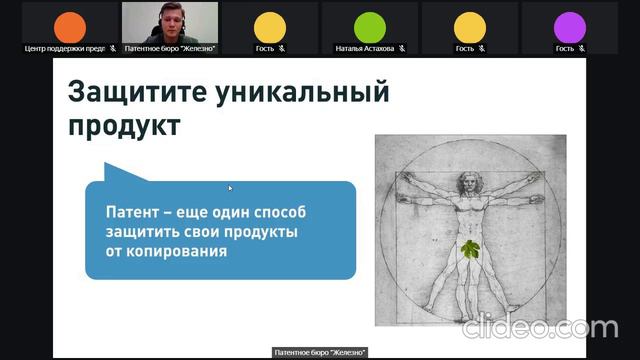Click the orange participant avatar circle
click(69, 26)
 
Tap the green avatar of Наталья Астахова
click(369, 26)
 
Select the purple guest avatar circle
click(569, 26)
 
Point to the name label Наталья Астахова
click(364, 48)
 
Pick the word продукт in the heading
click(125, 127)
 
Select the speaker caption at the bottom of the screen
click(320, 352)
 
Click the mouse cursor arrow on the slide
click(230, 187)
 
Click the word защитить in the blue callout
click(150, 232)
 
